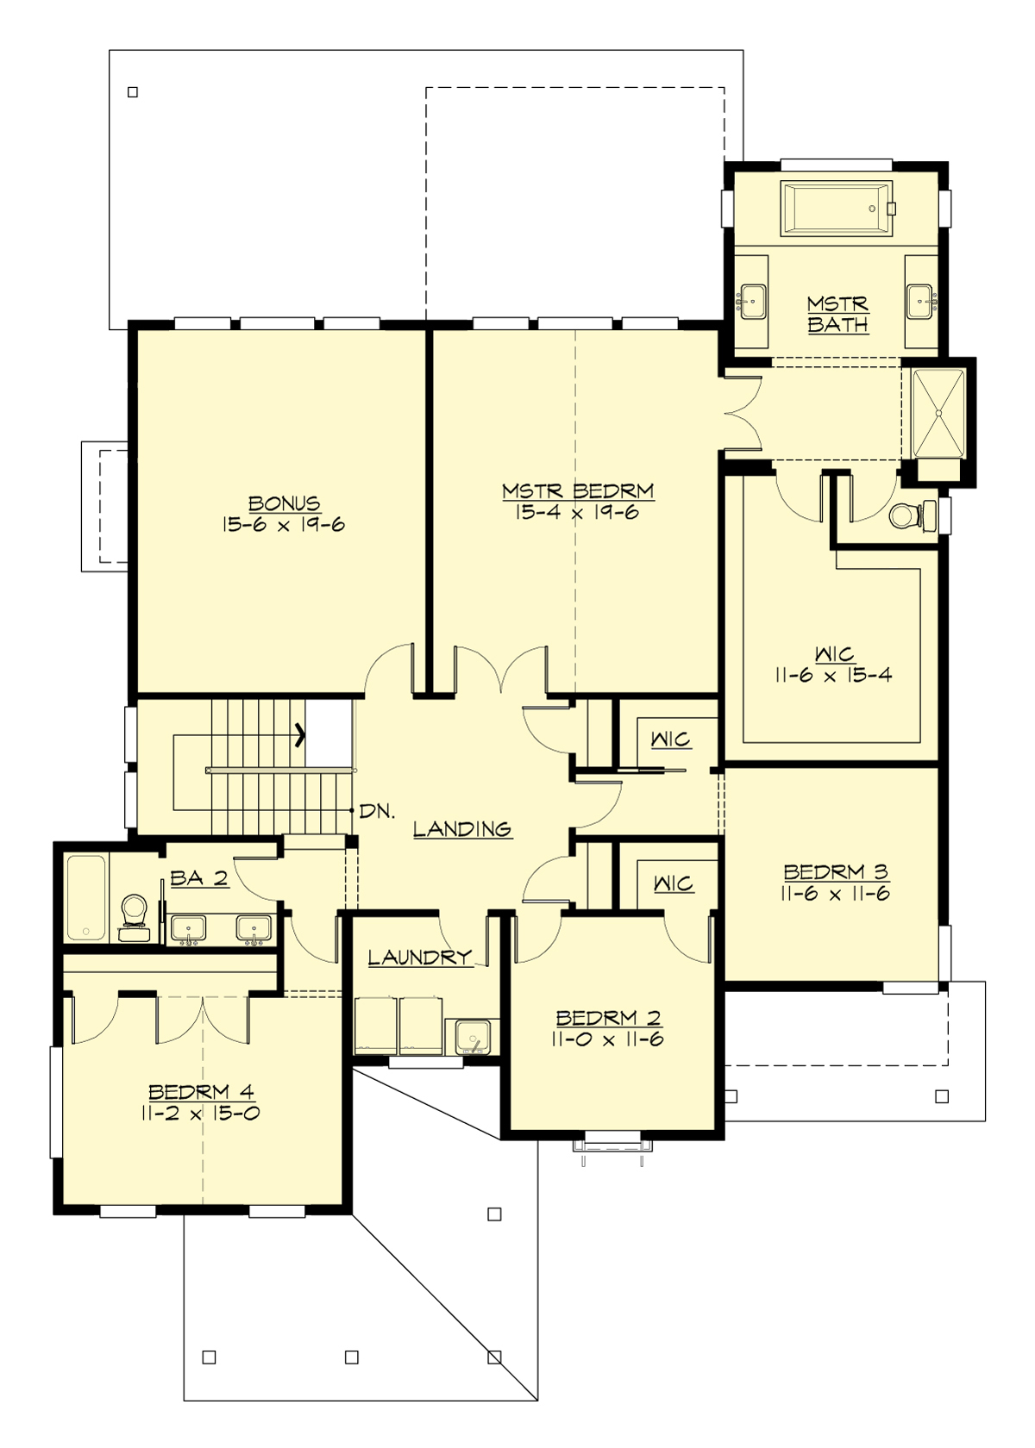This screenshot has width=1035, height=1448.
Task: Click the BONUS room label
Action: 284,502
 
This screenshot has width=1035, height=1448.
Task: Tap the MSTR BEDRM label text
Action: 578,491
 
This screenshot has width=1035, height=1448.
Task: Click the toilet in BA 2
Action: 133,914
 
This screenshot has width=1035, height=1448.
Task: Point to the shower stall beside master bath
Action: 938,411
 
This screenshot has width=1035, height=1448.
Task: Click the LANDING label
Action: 462,829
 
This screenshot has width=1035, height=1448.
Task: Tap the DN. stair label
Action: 377,811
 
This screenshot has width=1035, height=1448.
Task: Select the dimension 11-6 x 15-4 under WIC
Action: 832,676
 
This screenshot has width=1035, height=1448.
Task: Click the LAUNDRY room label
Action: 419,957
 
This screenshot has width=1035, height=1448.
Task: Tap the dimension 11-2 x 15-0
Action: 200,1113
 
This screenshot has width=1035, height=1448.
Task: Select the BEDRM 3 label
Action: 835,871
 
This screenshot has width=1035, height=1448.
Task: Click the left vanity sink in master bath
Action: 752,302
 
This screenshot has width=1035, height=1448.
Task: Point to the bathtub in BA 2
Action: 86,896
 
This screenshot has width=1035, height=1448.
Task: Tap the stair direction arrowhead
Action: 299,735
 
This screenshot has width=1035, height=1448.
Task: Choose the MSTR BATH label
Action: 837,315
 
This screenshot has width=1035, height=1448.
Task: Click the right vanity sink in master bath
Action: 921,302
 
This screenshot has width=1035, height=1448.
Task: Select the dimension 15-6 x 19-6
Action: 284,525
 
